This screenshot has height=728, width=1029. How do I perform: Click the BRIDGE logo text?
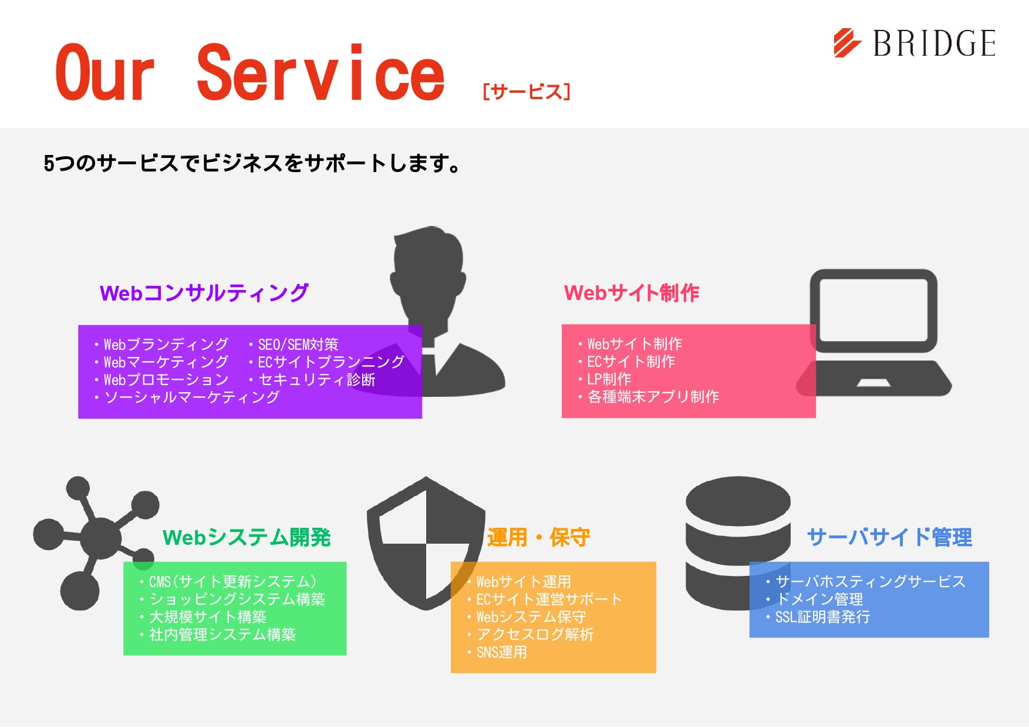[x=934, y=43]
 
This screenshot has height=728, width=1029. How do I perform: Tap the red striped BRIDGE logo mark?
[x=846, y=43]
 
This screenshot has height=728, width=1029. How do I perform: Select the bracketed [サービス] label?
[x=526, y=92]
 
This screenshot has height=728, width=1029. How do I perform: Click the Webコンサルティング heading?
[x=204, y=292]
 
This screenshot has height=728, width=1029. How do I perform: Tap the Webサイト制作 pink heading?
[x=631, y=292]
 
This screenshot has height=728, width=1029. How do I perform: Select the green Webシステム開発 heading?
[x=247, y=537]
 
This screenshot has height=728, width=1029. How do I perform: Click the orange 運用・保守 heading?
[x=538, y=537]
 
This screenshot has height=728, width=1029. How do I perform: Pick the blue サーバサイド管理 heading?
[x=889, y=537]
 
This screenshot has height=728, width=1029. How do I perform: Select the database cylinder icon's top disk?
[x=738, y=500]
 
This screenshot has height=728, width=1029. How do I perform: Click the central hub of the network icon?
[x=100, y=537]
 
